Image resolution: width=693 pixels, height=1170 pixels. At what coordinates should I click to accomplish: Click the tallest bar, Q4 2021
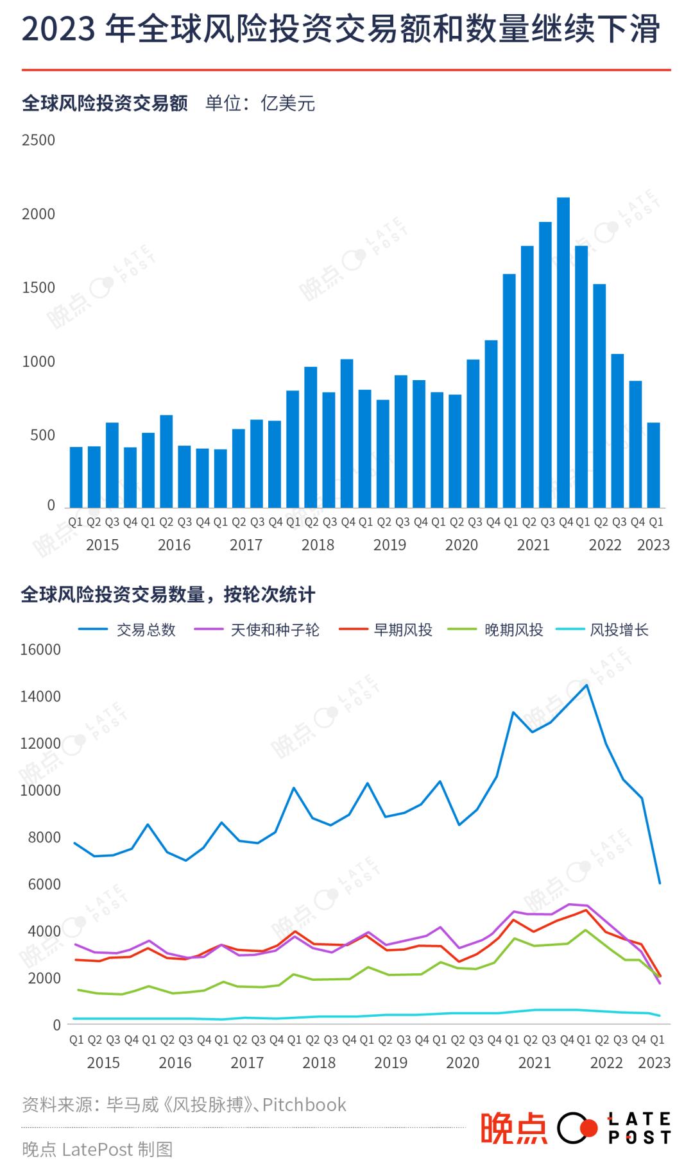click(x=563, y=353)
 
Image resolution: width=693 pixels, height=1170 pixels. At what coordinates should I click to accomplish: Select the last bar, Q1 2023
click(x=653, y=465)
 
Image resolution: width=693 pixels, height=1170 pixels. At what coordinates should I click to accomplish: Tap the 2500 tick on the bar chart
click(x=38, y=140)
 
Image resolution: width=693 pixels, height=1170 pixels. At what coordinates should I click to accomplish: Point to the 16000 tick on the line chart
click(x=40, y=649)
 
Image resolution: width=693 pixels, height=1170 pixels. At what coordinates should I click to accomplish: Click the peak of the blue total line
click(x=585, y=685)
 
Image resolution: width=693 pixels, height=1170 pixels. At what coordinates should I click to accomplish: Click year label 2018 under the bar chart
click(x=318, y=545)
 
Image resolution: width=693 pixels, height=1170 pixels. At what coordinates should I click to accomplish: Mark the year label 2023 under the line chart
click(x=654, y=1063)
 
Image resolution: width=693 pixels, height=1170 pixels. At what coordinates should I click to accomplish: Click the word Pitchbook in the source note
click(x=304, y=1105)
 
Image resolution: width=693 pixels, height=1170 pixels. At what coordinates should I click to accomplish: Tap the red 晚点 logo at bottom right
click(x=514, y=1128)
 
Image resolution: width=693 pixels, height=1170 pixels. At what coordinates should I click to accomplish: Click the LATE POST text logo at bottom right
click(x=639, y=1128)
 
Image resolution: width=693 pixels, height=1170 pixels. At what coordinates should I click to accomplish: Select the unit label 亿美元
click(x=287, y=103)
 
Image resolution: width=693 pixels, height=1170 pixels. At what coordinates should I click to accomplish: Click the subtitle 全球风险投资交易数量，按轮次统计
click(x=168, y=595)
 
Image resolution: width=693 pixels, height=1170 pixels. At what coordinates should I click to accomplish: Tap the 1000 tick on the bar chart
click(x=38, y=362)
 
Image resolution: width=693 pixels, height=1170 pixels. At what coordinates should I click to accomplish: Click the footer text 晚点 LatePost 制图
click(x=98, y=1149)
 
